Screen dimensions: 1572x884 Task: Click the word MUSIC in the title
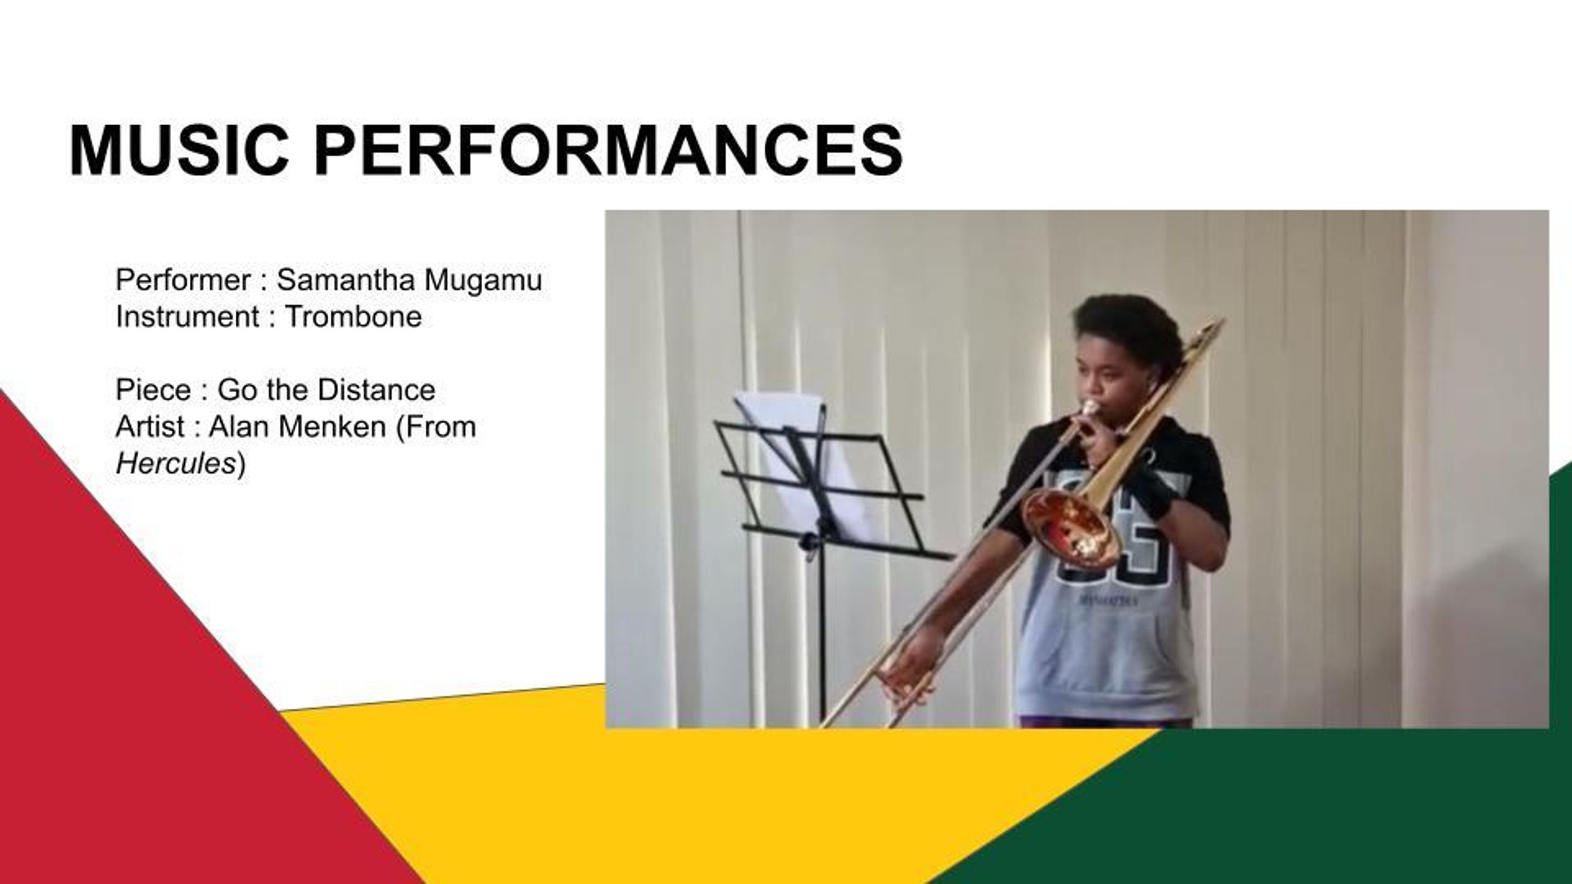point(179,150)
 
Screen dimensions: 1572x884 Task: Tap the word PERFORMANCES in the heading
point(608,150)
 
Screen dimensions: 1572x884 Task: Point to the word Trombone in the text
point(353,316)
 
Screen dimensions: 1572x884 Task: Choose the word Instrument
point(187,316)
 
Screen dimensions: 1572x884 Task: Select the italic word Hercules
point(175,463)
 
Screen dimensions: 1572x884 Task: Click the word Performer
point(183,280)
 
